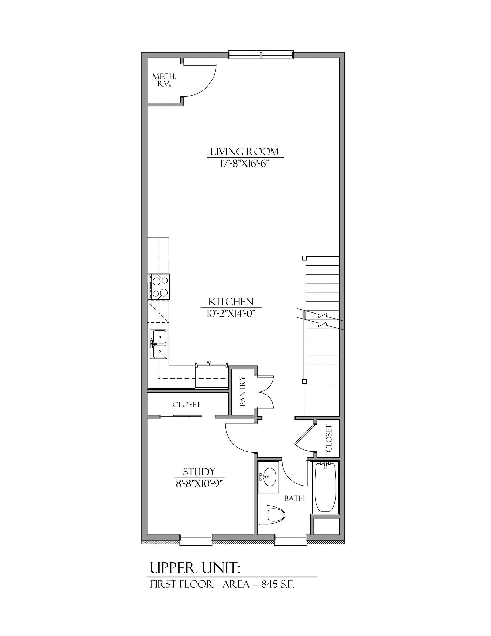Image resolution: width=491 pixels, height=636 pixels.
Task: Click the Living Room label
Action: pyautogui.click(x=245, y=152)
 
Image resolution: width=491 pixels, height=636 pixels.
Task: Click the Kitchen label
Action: pyautogui.click(x=231, y=301)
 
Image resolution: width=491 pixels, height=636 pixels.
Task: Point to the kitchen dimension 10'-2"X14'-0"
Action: pyautogui.click(x=230, y=313)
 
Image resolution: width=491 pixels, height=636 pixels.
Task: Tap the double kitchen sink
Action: pyautogui.click(x=159, y=344)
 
